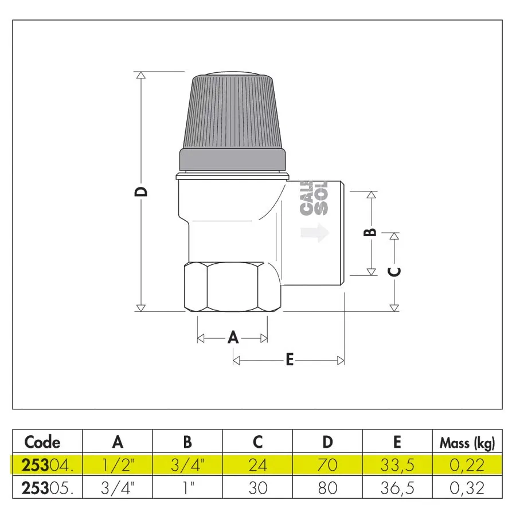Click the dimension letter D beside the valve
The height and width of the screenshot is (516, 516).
point(141,191)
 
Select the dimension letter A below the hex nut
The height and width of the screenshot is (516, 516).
point(233,338)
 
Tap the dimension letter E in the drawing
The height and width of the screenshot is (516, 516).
point(290,360)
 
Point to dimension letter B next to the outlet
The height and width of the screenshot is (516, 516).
point(370,232)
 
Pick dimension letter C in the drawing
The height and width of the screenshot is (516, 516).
point(394,272)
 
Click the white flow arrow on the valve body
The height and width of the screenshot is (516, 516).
point(315,232)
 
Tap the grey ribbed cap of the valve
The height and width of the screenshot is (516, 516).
point(232,121)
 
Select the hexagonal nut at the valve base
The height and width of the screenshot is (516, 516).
point(232,287)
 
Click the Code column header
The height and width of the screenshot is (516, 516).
point(42,442)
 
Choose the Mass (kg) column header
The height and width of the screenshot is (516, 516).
point(467,443)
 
